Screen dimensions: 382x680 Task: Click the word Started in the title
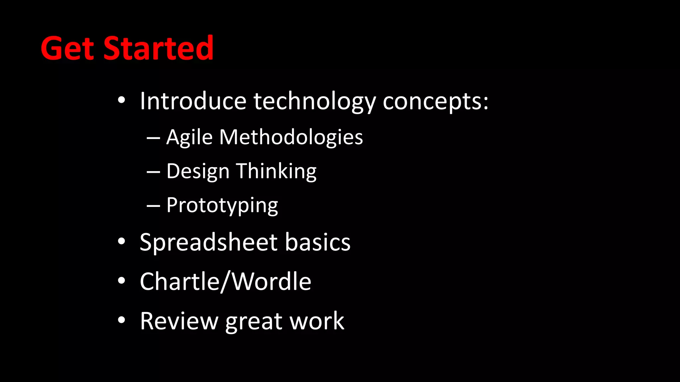click(158, 48)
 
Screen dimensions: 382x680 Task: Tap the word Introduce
click(193, 101)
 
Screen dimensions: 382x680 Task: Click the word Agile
click(189, 137)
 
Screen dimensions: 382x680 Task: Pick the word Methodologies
click(291, 137)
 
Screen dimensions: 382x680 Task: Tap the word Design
click(198, 171)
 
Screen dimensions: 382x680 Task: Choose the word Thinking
click(276, 171)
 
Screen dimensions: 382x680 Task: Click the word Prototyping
click(222, 206)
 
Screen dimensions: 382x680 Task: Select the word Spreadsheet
click(209, 242)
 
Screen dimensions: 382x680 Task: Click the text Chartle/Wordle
click(225, 282)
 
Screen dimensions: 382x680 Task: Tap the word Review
click(179, 321)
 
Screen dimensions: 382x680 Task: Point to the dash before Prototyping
click(153, 206)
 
